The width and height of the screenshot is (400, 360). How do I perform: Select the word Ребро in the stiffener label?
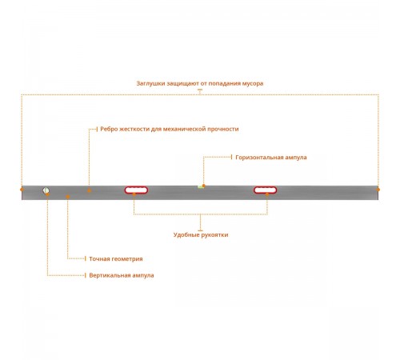coord(109,129)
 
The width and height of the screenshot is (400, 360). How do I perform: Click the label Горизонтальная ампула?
coord(271,158)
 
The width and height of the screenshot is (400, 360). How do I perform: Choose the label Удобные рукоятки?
coord(201,235)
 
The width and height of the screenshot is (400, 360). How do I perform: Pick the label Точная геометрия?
coord(116,259)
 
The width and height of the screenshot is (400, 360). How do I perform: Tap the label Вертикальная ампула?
coord(122,275)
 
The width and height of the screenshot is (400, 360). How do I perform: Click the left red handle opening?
coord(136,190)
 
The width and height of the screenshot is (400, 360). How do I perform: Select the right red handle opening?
coord(266,190)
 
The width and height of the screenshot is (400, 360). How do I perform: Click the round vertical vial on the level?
coord(46,190)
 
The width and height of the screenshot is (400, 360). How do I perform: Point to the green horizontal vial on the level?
coord(201,187)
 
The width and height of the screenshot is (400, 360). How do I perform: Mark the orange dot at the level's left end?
coord(22,190)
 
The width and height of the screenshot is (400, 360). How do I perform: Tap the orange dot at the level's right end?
coord(378,190)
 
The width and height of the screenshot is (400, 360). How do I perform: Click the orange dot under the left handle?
coord(134,194)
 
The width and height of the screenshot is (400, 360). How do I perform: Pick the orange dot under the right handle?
coord(267,194)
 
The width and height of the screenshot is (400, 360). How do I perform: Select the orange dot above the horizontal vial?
coord(204,186)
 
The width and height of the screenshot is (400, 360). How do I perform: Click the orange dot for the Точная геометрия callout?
coord(68,197)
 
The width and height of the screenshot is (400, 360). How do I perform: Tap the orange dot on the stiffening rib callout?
coord(90,190)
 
